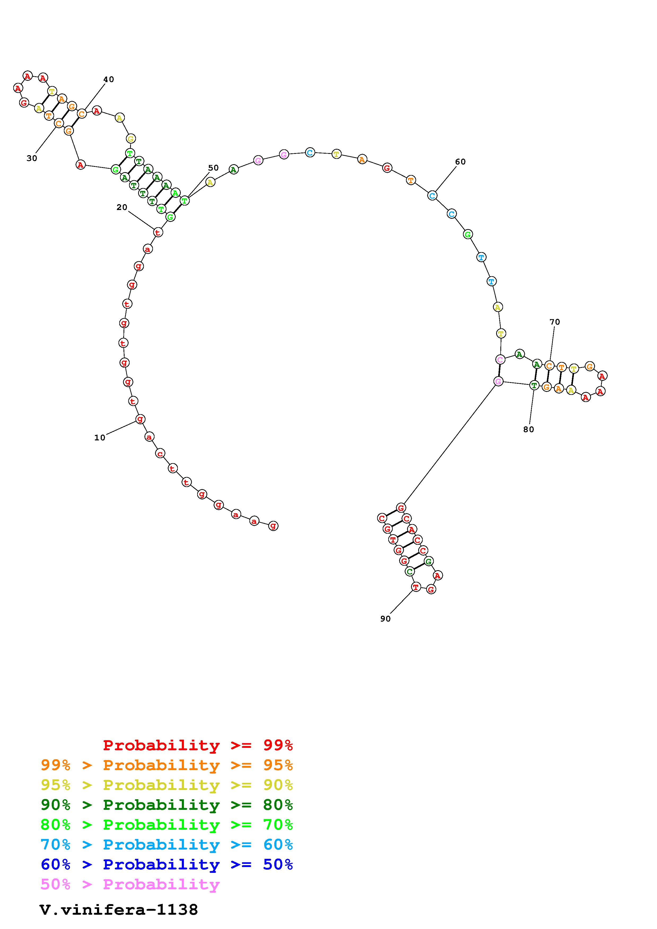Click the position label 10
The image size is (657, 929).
(x=100, y=437)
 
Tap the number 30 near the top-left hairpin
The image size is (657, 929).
(x=32, y=158)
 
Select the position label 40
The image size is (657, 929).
(x=108, y=79)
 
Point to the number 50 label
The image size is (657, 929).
(x=213, y=168)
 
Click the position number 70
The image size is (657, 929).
(x=555, y=322)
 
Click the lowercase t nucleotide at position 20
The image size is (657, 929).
(x=158, y=232)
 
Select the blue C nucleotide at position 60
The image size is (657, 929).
(x=432, y=195)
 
